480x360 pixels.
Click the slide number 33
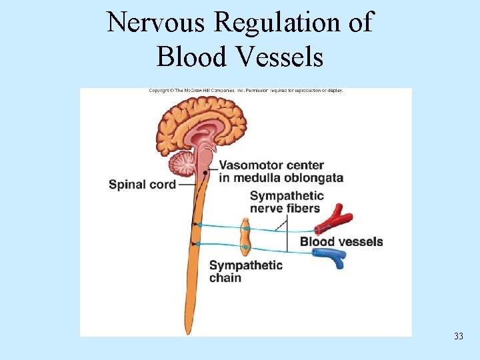coord(458,336)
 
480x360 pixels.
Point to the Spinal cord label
coord(142,184)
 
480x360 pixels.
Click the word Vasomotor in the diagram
coord(250,165)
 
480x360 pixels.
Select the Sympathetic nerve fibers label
coord(287,202)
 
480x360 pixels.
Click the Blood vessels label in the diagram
coord(341,241)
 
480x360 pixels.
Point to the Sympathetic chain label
coord(245,271)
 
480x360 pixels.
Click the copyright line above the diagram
coord(245,91)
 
